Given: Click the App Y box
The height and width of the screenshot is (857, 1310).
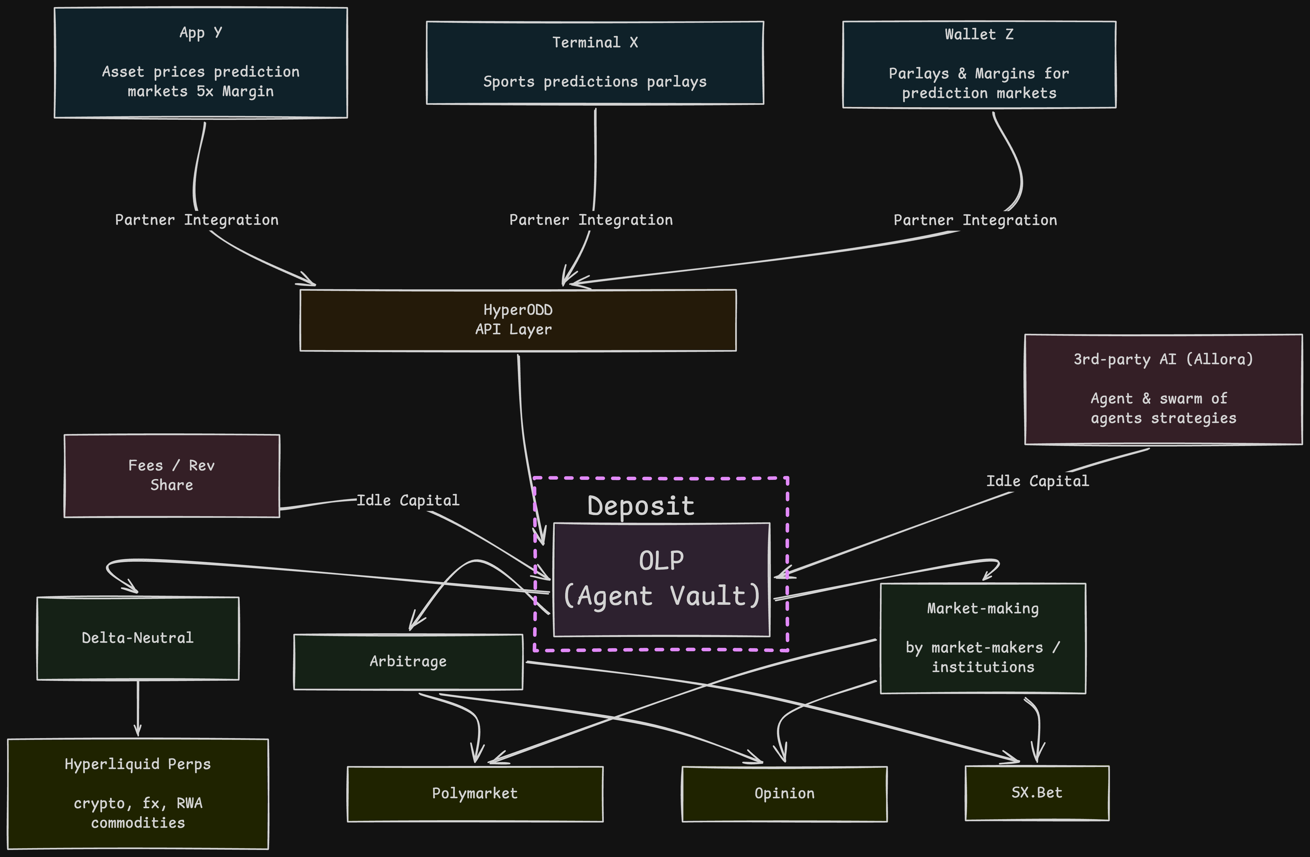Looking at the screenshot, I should pos(201,62).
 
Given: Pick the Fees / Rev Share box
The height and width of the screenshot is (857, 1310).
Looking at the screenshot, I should pos(172,475).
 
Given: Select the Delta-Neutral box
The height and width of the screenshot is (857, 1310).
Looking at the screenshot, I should pos(138,638).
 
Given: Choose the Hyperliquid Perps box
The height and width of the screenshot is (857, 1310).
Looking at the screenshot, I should pos(138,793).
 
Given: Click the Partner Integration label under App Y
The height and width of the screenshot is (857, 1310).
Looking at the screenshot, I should pos(196,220).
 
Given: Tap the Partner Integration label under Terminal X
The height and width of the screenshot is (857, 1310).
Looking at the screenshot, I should pos(591,220).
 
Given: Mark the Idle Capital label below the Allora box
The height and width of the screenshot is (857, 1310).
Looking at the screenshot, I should pos(1037,481).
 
